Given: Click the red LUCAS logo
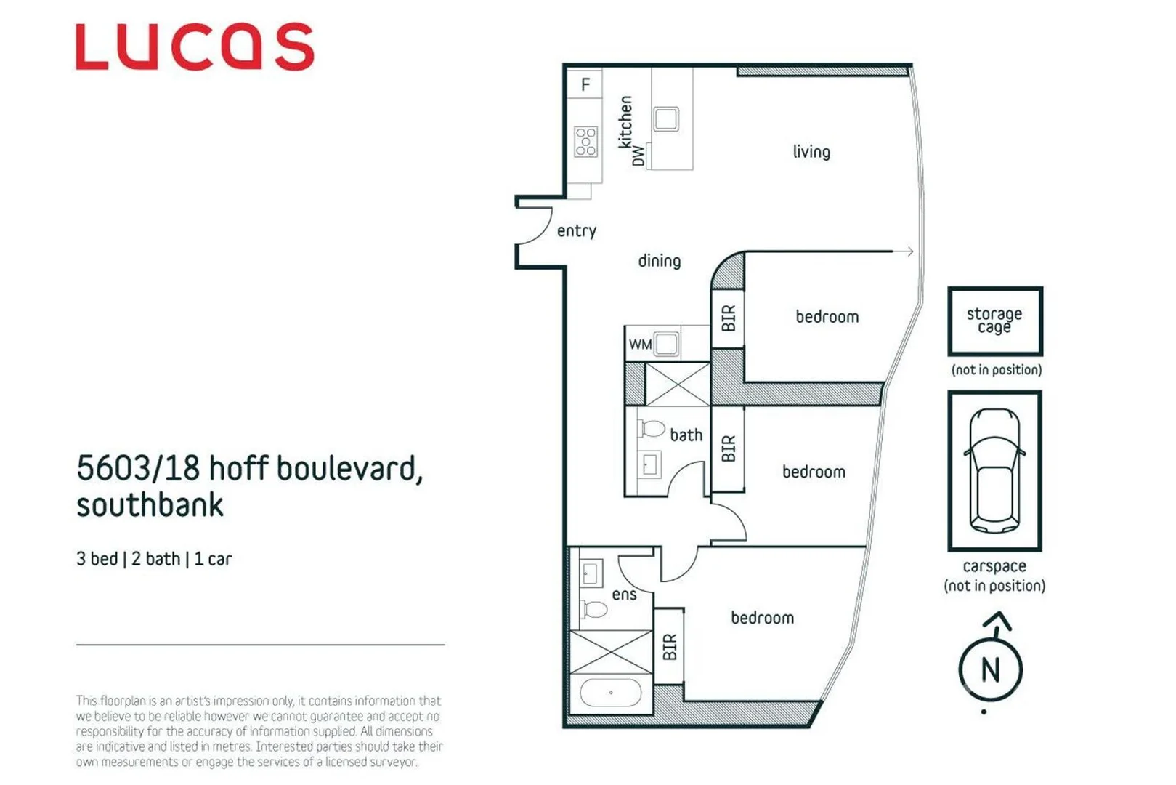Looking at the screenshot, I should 195,47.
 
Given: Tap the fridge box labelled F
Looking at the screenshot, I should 585,85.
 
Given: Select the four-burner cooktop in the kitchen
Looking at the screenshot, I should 585,142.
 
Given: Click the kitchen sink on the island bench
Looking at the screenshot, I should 666,118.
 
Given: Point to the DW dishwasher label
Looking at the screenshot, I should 638,155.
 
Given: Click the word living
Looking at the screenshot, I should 811,152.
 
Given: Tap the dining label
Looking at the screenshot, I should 659,261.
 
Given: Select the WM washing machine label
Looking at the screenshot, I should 639,345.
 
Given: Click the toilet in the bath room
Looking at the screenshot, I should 652,429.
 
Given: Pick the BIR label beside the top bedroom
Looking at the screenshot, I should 728,318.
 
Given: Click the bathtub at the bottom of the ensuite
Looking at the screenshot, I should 610,693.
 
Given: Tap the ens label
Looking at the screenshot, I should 624,595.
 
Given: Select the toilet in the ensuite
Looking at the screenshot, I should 594,609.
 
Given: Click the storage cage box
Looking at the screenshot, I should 994,321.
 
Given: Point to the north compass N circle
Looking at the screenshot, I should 990,669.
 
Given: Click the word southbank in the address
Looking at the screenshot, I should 150,505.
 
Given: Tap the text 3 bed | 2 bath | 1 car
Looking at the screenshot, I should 154,559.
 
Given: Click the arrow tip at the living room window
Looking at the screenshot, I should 911,251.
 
